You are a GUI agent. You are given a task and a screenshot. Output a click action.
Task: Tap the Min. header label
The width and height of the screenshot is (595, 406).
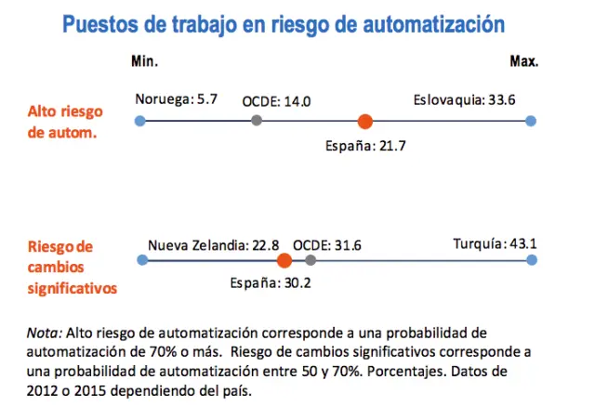click(x=144, y=61)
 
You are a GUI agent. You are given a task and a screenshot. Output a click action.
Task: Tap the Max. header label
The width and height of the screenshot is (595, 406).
click(x=524, y=61)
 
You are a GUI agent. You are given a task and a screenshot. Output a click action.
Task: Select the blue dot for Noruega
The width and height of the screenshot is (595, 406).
click(x=139, y=121)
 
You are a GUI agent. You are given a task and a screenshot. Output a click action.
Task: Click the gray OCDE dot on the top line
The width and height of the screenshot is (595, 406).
click(x=257, y=121)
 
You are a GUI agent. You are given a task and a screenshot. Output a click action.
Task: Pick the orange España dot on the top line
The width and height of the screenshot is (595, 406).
click(x=365, y=121)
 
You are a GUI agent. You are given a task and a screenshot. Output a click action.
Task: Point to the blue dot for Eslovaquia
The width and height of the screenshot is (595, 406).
click(x=531, y=121)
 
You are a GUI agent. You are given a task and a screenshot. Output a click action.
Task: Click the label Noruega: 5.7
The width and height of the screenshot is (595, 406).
click(x=176, y=98)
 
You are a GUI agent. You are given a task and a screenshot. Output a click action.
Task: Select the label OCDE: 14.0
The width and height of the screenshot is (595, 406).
click(x=276, y=101)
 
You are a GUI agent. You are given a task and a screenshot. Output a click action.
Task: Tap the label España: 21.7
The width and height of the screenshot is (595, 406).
click(x=365, y=146)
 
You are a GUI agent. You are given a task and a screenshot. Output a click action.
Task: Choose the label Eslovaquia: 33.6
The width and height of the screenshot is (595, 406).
click(x=464, y=98)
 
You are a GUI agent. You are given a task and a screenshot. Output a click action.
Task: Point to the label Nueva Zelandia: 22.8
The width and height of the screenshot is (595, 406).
click(x=214, y=245)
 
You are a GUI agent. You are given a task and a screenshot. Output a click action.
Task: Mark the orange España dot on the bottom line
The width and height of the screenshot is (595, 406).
click(x=284, y=260)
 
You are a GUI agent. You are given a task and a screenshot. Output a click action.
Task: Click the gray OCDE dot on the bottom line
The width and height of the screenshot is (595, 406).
click(x=311, y=260)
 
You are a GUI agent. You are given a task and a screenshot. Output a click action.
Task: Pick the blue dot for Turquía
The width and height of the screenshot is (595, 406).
click(x=531, y=260)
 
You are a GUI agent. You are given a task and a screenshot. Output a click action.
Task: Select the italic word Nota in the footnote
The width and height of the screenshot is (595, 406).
click(x=42, y=332)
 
